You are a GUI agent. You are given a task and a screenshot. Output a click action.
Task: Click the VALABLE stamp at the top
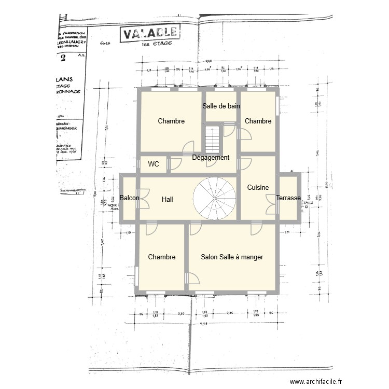149,34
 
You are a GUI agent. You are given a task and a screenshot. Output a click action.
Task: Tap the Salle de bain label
221,106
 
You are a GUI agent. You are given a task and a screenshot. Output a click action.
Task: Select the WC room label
154,164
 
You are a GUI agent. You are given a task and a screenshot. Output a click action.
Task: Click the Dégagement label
211,158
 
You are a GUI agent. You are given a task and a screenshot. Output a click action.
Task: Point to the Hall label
167,199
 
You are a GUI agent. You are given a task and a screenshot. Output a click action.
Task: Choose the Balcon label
129,198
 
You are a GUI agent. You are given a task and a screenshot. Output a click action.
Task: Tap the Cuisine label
257,187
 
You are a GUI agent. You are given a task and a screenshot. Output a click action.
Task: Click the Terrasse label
289,198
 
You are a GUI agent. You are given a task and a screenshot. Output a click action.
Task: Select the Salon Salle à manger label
232,257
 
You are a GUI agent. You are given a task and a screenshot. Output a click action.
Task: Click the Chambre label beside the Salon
161,257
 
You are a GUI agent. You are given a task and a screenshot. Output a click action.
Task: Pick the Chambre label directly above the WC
171,121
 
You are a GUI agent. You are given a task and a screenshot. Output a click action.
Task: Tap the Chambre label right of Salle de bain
258,121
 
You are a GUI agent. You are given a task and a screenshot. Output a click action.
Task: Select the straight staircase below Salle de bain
213,139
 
